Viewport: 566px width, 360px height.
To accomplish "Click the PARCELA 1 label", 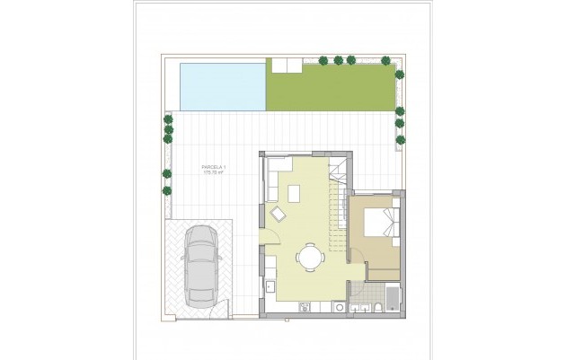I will coord(213,168).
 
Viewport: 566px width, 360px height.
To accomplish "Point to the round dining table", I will coord(311,258).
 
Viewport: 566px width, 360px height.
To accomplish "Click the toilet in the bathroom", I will coord(377,308).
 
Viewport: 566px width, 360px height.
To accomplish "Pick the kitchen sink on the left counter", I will coord(270,288).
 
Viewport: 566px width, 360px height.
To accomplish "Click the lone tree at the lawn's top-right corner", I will coord(385,60).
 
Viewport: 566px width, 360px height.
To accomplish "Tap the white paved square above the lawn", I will coord(284,66).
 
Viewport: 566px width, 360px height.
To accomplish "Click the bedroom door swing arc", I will coord(358,253).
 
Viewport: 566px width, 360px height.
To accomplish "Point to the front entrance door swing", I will coord(268,235).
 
